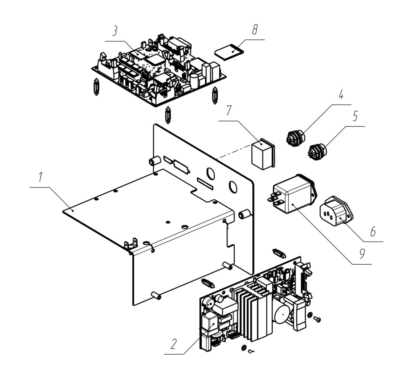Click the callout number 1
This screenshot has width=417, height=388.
click(x=40, y=178)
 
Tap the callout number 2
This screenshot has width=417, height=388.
click(x=173, y=344)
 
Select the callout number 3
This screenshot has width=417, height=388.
click(x=115, y=31)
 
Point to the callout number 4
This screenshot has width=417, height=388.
click(x=341, y=95)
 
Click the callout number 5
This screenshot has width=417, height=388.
click(x=356, y=116)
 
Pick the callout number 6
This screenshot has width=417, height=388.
click(x=373, y=231)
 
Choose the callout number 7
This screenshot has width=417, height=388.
click(x=229, y=111)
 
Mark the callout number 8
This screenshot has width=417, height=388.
click(x=255, y=29)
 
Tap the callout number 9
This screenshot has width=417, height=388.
click(x=362, y=254)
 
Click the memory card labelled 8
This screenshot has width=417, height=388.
click(x=229, y=53)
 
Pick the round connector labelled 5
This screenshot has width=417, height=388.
click(x=317, y=151)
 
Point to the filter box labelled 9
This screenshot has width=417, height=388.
click(x=293, y=194)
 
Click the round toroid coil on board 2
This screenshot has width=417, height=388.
click(x=283, y=315)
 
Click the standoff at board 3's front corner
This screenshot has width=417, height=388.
click(x=168, y=115)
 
